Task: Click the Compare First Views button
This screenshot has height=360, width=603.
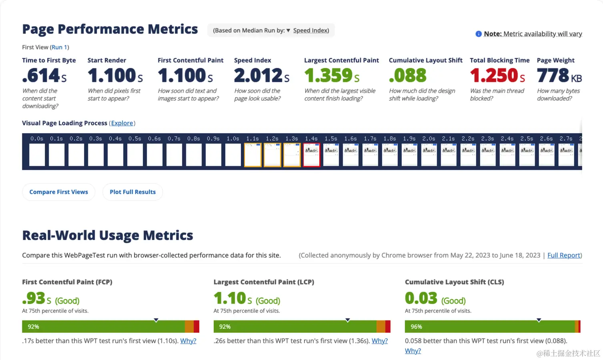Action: (x=58, y=192)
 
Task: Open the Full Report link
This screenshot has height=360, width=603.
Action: (x=564, y=255)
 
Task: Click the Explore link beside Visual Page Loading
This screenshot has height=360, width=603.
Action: (x=122, y=123)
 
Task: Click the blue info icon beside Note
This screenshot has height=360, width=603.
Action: (x=478, y=34)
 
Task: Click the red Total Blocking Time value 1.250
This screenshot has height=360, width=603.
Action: (x=495, y=76)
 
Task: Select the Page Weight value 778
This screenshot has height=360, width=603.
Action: (x=553, y=76)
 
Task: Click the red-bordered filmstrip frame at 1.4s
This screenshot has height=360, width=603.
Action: (x=312, y=155)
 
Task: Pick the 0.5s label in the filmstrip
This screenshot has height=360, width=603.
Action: (x=135, y=138)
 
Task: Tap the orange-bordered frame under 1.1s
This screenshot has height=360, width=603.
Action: (x=253, y=155)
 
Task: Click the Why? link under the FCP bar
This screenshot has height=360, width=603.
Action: (x=188, y=341)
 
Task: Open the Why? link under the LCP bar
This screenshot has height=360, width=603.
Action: (x=380, y=341)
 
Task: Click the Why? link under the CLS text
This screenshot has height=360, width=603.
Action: (x=413, y=351)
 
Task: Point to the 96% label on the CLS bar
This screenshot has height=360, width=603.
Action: (x=416, y=327)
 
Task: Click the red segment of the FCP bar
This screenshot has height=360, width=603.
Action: (x=196, y=327)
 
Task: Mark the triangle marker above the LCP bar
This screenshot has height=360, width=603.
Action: (x=348, y=320)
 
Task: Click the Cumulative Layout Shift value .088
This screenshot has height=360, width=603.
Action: (x=408, y=76)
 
